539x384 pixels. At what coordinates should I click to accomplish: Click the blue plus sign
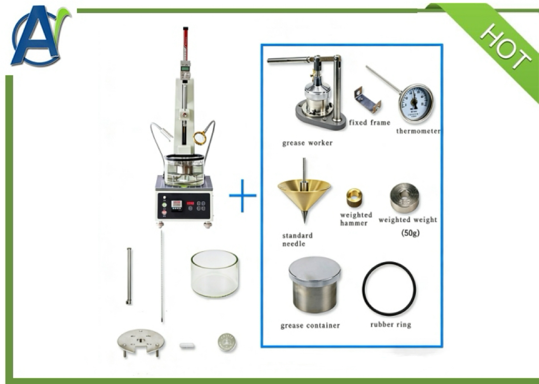click(243, 195)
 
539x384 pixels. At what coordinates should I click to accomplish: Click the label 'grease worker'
click(307, 143)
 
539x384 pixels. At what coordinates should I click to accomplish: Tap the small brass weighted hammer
click(354, 198)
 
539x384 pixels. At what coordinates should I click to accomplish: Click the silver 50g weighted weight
click(404, 198)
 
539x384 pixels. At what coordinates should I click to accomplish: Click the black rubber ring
click(389, 289)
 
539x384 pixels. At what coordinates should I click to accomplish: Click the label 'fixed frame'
click(370, 122)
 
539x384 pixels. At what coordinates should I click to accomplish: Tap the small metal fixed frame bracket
click(367, 100)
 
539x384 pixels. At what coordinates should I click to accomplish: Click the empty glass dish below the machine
click(215, 274)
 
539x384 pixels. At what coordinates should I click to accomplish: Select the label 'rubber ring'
click(391, 325)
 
